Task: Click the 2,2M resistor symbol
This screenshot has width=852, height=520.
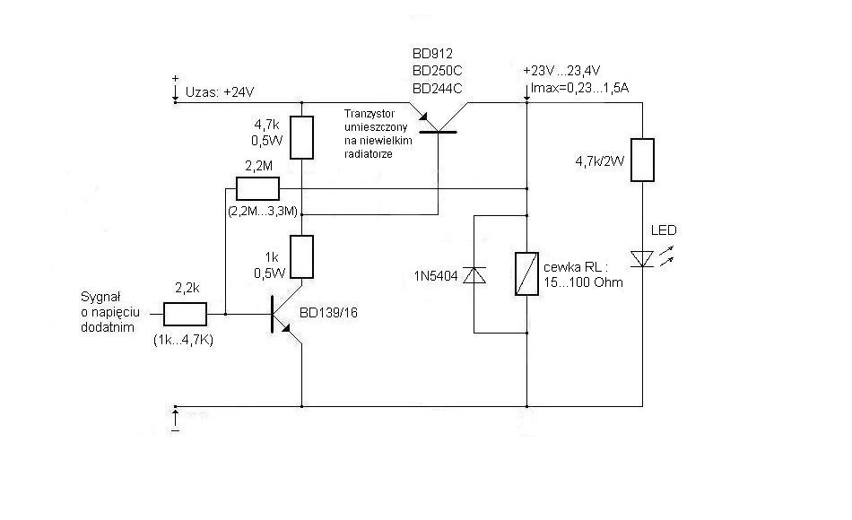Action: click(257, 188)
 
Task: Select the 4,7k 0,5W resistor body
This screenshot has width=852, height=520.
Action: click(301, 137)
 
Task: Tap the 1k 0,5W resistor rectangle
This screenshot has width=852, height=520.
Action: click(301, 257)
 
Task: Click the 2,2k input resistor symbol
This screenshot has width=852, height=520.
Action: click(186, 314)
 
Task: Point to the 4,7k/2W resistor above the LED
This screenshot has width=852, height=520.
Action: click(642, 160)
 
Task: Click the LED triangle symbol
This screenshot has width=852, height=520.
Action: click(643, 258)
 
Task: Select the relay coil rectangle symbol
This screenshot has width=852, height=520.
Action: click(526, 273)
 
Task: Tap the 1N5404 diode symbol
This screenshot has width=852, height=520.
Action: click(474, 275)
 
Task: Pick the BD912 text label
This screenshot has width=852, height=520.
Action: click(432, 53)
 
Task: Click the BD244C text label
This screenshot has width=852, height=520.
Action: click(438, 88)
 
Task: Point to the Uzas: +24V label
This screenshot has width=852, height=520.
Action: click(220, 91)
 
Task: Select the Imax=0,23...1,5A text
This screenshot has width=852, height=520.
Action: click(579, 88)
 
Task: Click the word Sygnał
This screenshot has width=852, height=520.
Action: click(100, 297)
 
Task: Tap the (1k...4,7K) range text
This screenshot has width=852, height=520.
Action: click(183, 341)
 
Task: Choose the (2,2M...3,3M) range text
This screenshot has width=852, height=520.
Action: click(263, 211)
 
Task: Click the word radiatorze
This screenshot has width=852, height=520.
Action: click(369, 154)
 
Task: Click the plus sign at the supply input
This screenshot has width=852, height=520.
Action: click(175, 79)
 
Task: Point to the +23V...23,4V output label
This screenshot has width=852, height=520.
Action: click(561, 71)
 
